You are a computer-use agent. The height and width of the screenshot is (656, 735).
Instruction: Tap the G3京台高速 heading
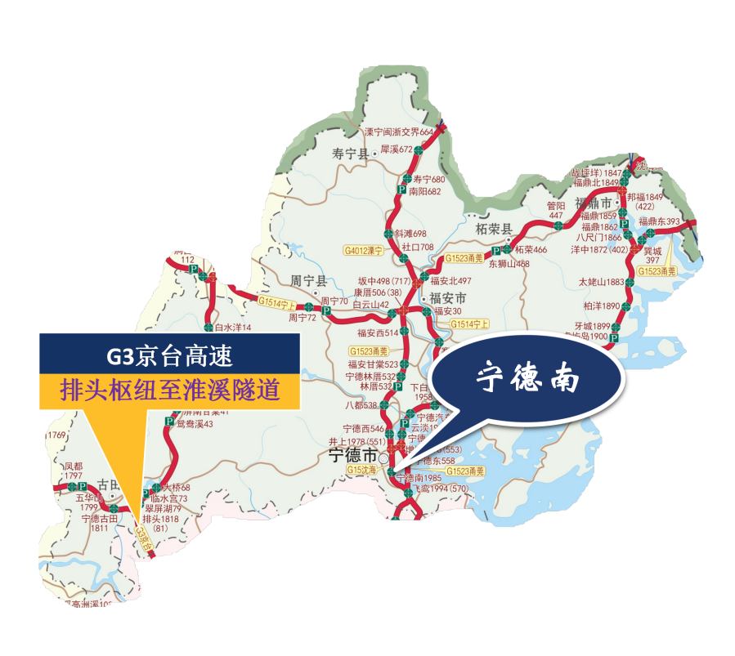170,355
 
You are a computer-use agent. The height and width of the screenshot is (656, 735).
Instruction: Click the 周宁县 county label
309,280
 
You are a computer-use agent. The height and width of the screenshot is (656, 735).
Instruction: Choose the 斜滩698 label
410,234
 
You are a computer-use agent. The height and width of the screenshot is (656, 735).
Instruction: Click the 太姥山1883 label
601,282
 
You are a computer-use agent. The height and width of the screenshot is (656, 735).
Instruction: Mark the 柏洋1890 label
603,306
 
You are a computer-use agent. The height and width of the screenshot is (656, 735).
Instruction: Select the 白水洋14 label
232,328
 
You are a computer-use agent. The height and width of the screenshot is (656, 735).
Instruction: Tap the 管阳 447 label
556,210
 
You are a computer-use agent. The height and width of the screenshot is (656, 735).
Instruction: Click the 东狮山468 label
509,264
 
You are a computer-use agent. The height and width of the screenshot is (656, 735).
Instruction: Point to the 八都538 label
361,405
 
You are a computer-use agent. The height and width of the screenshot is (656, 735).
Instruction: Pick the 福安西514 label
377,332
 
